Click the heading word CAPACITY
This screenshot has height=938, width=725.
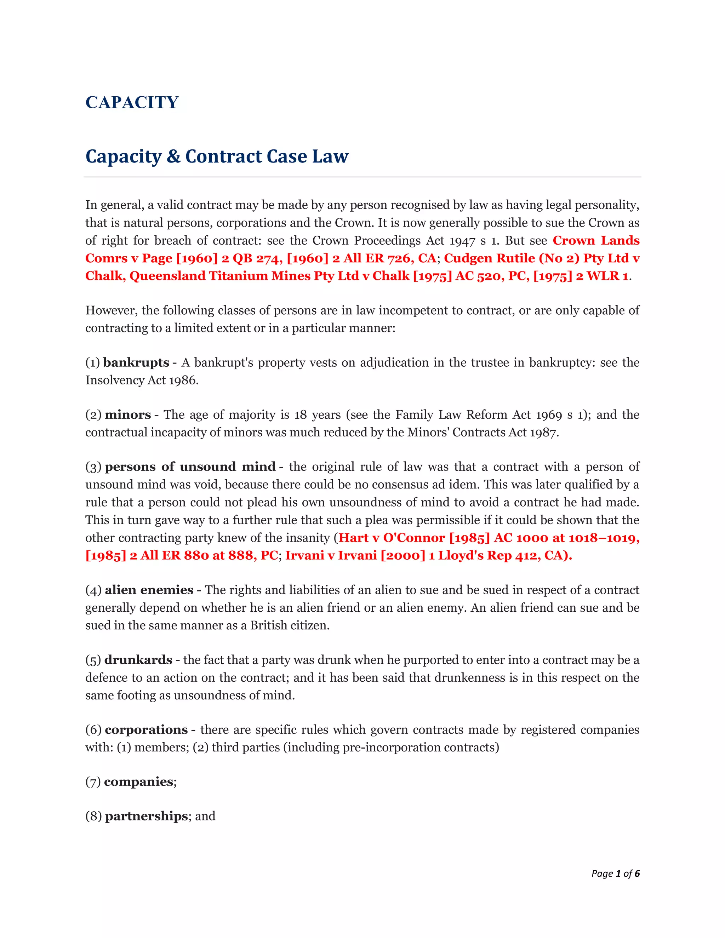(132, 102)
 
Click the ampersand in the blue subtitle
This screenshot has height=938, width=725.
(173, 156)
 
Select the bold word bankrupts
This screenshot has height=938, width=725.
(136, 362)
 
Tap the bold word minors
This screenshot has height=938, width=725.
(127, 414)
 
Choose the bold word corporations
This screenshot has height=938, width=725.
(146, 730)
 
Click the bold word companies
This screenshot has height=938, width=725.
(138, 782)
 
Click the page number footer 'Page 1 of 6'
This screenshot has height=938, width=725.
(615, 874)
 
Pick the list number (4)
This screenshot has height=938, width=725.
(93, 590)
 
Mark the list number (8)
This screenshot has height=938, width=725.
(93, 817)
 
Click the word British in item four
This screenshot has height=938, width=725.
(269, 625)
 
